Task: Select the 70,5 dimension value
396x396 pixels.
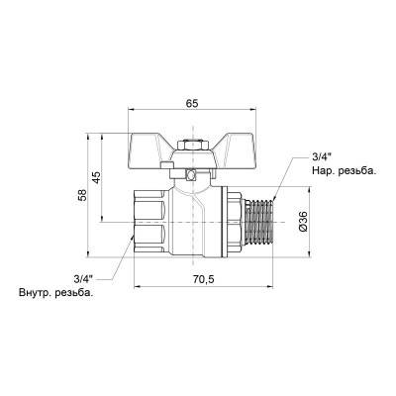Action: [202, 278]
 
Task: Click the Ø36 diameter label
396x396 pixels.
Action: [303, 224]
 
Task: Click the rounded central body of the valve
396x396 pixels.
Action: [198, 224]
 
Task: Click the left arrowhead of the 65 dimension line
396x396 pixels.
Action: [133, 111]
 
